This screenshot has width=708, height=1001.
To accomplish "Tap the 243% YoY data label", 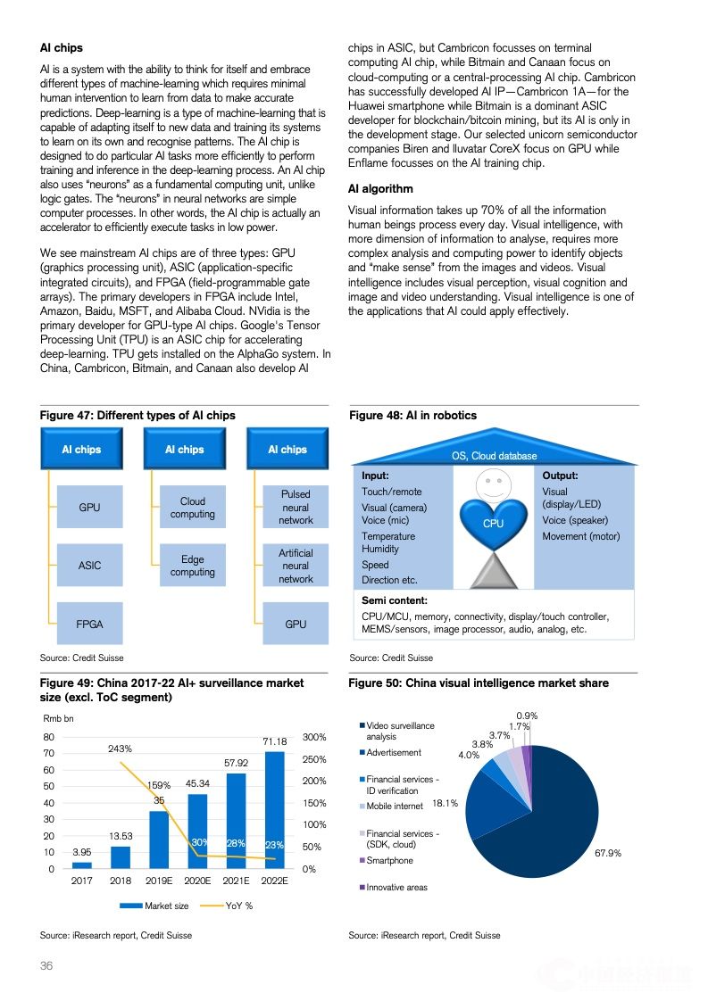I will pos(121,749).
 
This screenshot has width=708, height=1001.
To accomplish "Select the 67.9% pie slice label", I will pos(608,854).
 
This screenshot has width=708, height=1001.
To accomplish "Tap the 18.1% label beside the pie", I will pos(445,803).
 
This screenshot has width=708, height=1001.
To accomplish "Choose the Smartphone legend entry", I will pos(389,860).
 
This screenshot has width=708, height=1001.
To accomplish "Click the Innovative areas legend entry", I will pos(396,888).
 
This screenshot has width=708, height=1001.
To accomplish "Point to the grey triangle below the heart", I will pos(493,564).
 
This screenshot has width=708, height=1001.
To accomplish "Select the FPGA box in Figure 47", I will pos(89,624).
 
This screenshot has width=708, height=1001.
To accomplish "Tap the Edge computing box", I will pos(193,566).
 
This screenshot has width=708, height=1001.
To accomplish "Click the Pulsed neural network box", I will pos(296,507).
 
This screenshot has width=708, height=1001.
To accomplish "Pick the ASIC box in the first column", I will pos(89,566).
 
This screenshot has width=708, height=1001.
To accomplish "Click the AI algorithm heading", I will pos(380,189).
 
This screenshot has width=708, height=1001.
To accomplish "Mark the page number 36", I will pos(46,966).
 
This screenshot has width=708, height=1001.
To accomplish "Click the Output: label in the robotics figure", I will pos(560,476).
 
